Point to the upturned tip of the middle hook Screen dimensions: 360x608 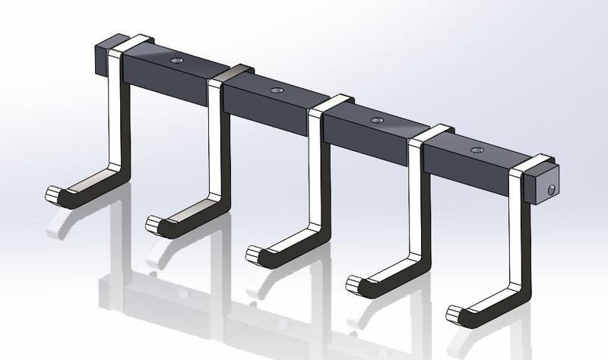point(255,252)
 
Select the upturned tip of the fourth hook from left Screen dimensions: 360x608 point(355,283)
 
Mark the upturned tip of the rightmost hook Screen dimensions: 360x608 point(456,312)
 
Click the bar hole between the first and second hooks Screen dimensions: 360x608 point(177,60)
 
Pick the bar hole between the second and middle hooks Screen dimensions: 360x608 point(276,90)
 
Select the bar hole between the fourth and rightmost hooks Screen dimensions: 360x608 point(475,150)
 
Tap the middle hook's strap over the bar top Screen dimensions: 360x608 point(332,103)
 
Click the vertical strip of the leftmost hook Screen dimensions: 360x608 point(116,114)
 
